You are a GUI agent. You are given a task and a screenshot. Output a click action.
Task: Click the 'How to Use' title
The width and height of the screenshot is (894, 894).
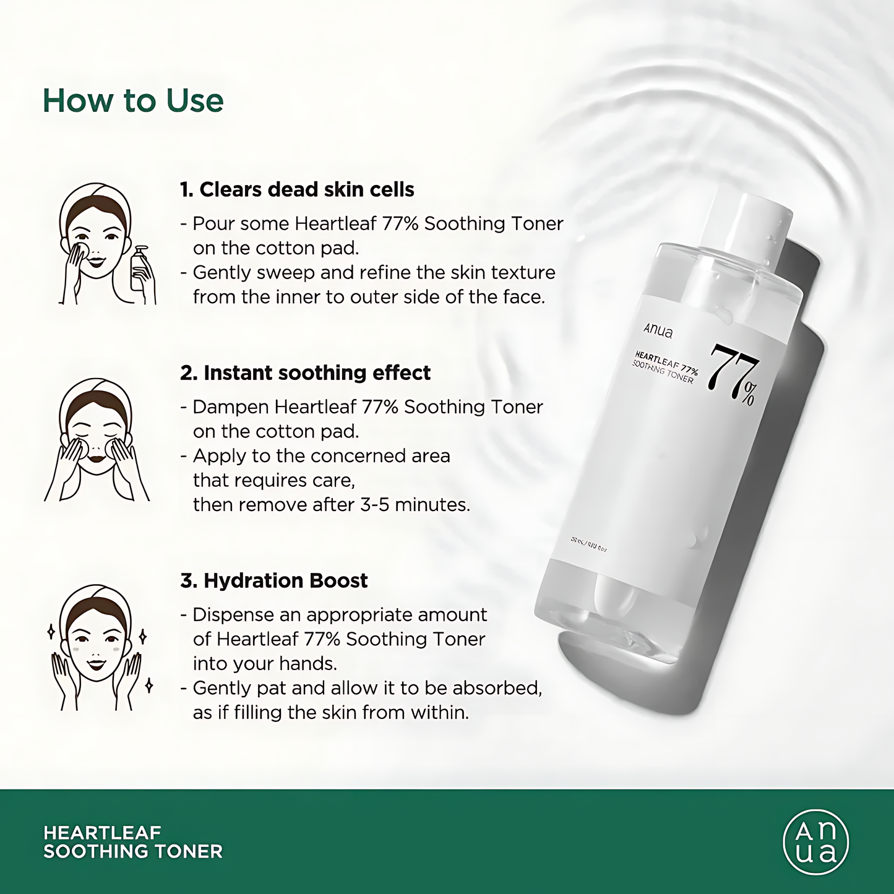click(133, 101)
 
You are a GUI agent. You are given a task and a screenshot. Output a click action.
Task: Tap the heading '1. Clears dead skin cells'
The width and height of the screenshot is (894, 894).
click(297, 189)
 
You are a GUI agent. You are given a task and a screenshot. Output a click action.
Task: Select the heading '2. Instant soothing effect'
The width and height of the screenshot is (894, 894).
click(305, 372)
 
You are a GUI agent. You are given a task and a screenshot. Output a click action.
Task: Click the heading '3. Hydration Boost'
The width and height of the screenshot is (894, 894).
click(274, 580)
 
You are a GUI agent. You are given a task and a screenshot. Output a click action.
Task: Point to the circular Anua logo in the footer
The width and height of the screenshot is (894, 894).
click(815, 842)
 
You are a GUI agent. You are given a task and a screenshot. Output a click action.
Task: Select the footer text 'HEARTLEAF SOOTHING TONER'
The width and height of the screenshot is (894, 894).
click(133, 842)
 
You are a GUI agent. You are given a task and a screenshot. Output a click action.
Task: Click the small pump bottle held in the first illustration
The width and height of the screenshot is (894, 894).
click(140, 269)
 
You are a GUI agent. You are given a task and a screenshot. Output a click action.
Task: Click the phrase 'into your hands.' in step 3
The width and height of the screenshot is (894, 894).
click(265, 663)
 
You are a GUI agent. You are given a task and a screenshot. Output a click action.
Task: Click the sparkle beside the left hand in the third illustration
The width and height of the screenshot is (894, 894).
click(51, 632)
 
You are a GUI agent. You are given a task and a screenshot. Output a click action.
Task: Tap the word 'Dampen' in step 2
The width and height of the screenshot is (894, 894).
click(231, 407)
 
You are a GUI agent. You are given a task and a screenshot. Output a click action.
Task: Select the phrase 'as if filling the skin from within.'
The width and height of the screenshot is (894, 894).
click(331, 713)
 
